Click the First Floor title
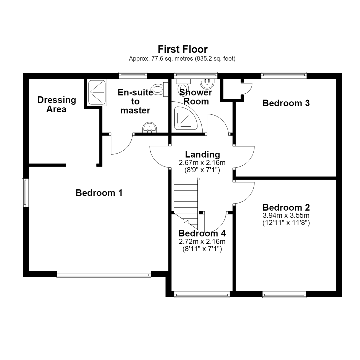[x=183, y=49]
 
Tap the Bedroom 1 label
[x=99, y=193]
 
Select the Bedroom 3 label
[x=286, y=103]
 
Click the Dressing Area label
[x=56, y=104]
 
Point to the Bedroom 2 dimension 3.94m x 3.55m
[x=286, y=215]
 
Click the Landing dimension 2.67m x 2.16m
[x=202, y=163]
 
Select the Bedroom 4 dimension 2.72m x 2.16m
[x=202, y=242]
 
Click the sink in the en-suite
[x=150, y=127]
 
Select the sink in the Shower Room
[x=207, y=83]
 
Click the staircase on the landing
[x=186, y=202]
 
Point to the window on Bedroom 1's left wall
[x=25, y=193]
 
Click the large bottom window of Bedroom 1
[x=104, y=274]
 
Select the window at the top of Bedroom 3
[x=284, y=76]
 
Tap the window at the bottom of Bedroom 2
[x=284, y=294]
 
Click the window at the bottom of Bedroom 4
[x=202, y=294]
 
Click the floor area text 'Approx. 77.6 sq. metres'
[x=161, y=59]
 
